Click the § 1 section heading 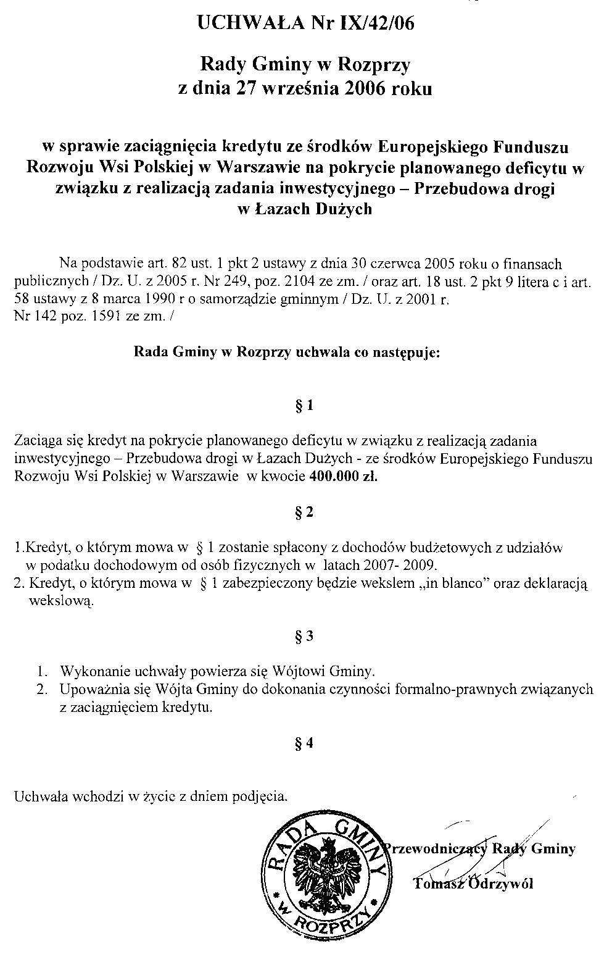[x=305, y=406]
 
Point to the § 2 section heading [x=305, y=512]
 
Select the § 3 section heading [x=305, y=637]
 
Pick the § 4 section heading [x=305, y=744]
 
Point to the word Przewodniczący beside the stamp [x=436, y=849]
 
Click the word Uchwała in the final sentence [x=36, y=797]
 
